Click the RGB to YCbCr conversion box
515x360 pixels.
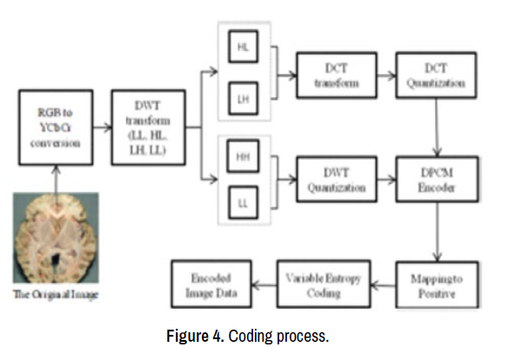tap(54, 129)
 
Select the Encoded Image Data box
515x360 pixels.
tap(208, 283)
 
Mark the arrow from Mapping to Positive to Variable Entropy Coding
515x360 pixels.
tap(381, 282)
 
